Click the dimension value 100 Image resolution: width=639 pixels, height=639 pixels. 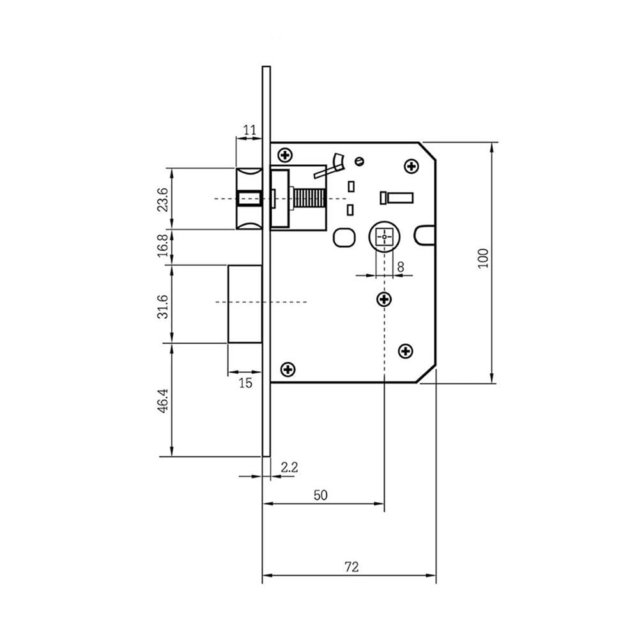coord(483,258)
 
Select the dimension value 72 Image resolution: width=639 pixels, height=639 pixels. coord(351,567)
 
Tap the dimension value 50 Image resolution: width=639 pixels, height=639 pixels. coord(320,495)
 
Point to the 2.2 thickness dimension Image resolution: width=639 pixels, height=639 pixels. coord(289,467)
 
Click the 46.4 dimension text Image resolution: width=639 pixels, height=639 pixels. coord(163,401)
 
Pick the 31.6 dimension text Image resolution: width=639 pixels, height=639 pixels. coord(162,307)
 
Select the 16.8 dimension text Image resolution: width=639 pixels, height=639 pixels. coord(162,245)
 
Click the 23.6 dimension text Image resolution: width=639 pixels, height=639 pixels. coord(162,199)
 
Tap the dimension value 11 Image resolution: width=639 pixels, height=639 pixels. coord(249,130)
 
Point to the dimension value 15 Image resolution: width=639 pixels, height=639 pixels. coord(245,383)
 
